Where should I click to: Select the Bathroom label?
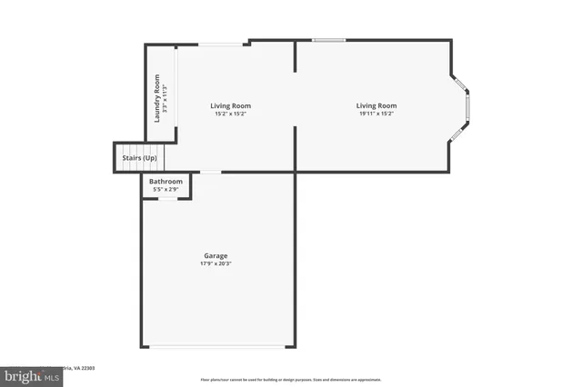[x=166, y=181]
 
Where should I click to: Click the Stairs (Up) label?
[x=139, y=158]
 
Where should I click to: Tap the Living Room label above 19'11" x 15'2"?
[x=376, y=106]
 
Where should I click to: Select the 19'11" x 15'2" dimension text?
[x=376, y=114]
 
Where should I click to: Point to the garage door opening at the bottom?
[x=218, y=346]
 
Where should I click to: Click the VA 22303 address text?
[x=82, y=368]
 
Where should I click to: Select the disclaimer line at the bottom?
[x=291, y=380]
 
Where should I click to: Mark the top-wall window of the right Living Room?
[x=329, y=40]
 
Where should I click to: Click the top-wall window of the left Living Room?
[x=221, y=43]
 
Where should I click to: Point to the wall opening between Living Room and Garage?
[x=210, y=172]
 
